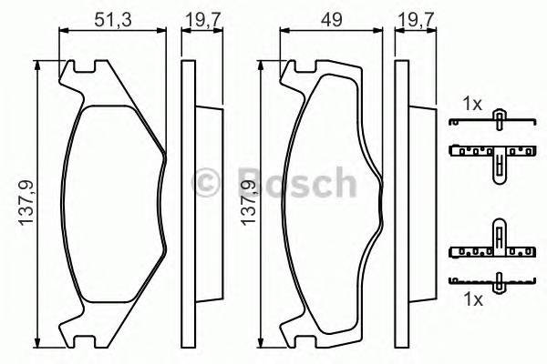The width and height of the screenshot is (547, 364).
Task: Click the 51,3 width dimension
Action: coord(111,18)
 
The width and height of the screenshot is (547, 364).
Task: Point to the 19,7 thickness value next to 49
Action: coord(417,18)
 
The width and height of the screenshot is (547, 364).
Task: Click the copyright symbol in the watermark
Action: coord(208,180)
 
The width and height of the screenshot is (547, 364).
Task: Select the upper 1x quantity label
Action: coord(471,105)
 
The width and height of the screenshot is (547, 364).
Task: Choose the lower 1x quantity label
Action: coord(471,298)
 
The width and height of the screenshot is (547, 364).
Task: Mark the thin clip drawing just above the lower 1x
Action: coord(497,281)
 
